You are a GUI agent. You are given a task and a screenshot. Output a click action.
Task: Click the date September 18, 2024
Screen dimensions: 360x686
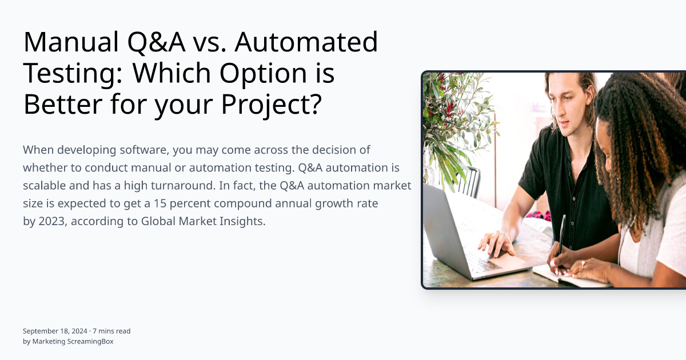(x=55, y=331)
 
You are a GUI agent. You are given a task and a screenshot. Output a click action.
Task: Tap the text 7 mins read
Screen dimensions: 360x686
(x=111, y=331)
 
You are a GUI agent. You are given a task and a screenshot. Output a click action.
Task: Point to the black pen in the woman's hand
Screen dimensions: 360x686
(x=561, y=234)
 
